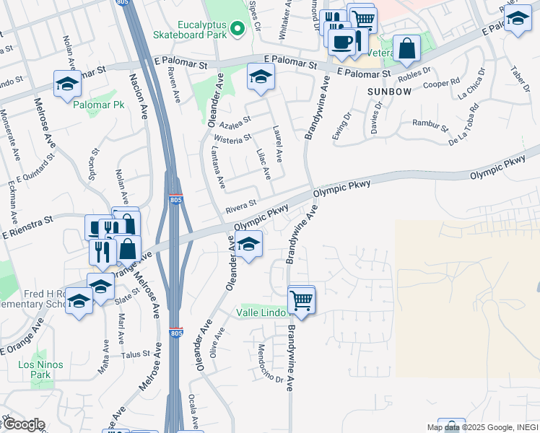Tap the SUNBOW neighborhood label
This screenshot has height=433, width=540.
tap(390, 92)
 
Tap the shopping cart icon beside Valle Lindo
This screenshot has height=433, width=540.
tap(301, 299)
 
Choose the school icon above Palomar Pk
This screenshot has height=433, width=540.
tap(67, 84)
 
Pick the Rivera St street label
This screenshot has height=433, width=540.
tap(241, 206)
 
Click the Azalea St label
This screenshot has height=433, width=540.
tap(235, 121)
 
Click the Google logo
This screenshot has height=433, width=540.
tap(23, 424)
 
